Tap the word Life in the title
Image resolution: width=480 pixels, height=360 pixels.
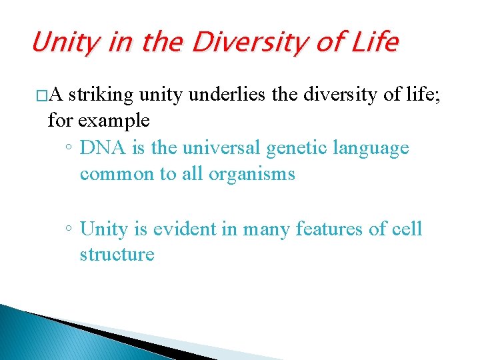(373, 43)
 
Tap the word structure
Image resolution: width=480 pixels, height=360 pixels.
(117, 255)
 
